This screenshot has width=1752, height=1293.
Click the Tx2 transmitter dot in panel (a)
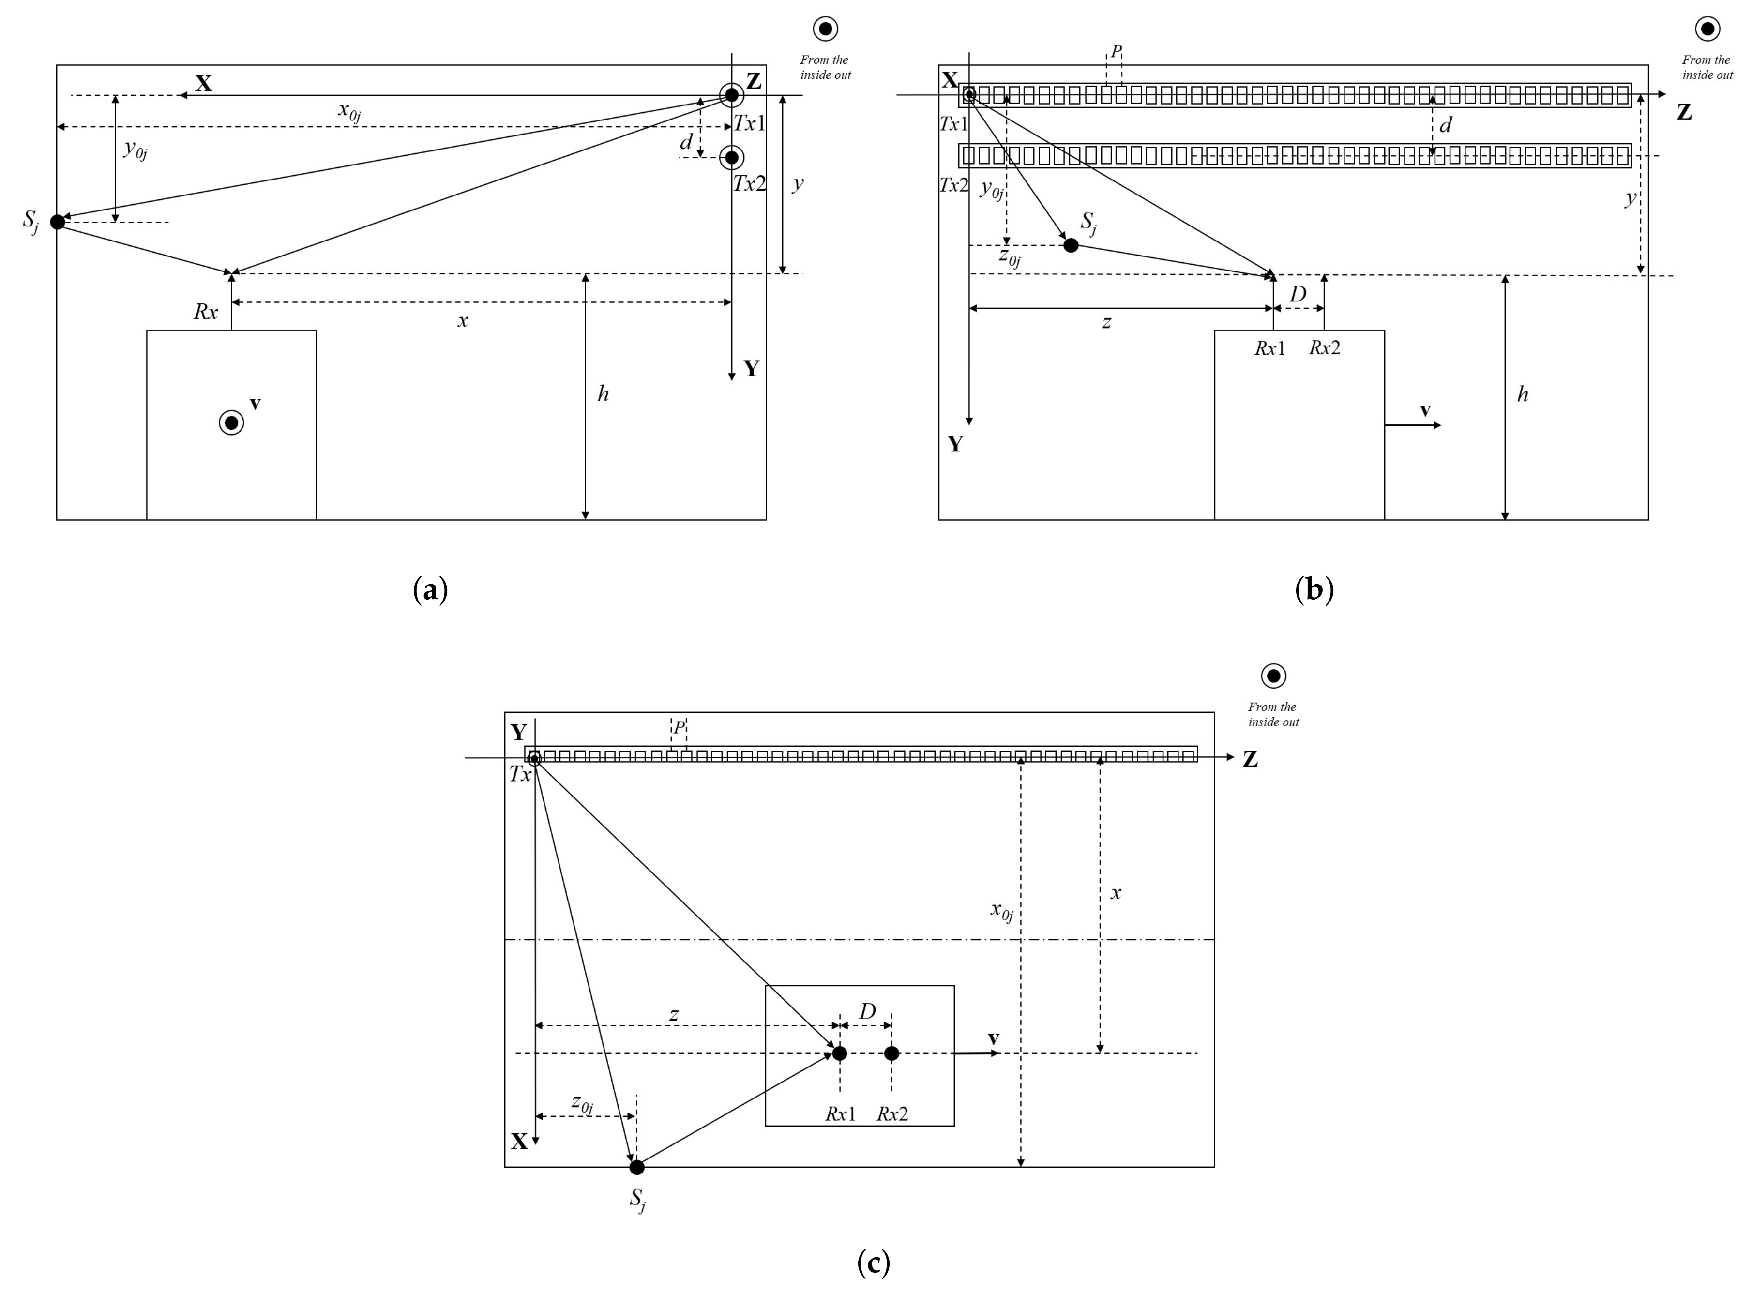[731, 157]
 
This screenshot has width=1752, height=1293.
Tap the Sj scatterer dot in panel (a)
[57, 222]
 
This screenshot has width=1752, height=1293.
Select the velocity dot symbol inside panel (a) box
[231, 422]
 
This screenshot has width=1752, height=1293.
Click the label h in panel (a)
[603, 394]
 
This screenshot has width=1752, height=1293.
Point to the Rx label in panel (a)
[206, 312]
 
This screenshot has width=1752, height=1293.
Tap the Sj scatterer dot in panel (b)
[1071, 245]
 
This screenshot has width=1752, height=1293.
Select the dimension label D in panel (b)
[1298, 294]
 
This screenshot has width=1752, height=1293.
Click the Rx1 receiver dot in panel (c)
[839, 1053]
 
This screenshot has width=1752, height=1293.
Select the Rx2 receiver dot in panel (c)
[891, 1053]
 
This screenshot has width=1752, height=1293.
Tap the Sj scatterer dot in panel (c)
[637, 1167]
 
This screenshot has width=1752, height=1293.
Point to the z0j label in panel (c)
[582, 1104]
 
